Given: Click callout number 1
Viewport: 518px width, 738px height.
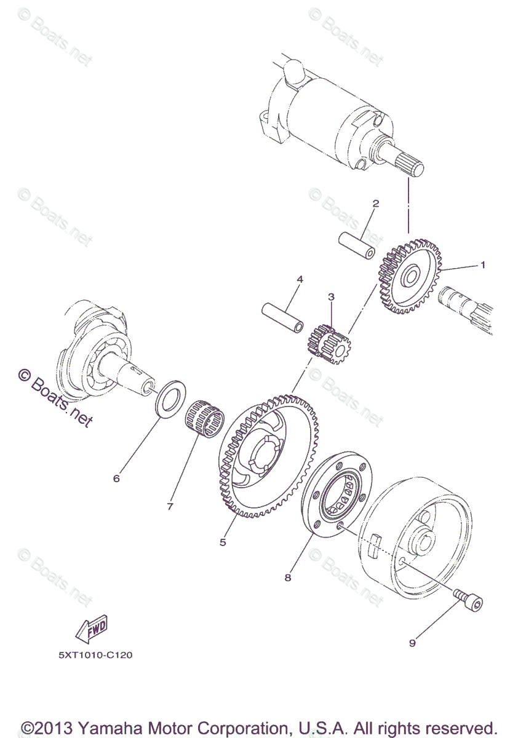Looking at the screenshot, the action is point(483,265).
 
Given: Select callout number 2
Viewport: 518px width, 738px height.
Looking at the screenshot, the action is point(375,203).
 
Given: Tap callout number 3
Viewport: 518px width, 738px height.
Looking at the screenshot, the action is point(331,296).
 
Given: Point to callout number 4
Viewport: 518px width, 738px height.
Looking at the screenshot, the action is point(300,279).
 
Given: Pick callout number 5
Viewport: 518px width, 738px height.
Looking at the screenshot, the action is point(223,542).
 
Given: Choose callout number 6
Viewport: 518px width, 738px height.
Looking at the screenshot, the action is point(116,478).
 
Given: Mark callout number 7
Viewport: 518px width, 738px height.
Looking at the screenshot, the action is point(170,506).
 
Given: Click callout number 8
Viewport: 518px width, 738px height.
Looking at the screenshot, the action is point(287,577).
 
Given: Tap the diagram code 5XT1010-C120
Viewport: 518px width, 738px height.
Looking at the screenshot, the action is point(95,655).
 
